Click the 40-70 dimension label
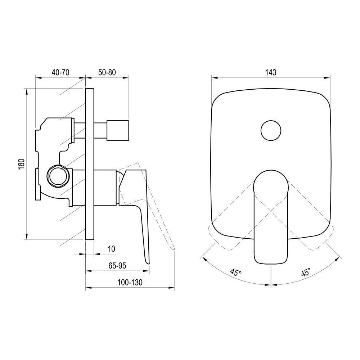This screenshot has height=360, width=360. tap(60, 72)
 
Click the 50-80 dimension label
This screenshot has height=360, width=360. tap(107, 72)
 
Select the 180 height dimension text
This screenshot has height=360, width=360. tap(21, 164)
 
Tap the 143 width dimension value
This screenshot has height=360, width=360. tap(271, 73)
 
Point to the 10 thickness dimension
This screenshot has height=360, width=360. tap(111, 249)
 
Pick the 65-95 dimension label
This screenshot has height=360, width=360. tap(117, 266)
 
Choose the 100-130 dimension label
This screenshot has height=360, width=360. tap(130, 282)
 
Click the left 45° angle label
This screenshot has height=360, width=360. tap(236, 273)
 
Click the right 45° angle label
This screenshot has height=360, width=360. tap(306, 272)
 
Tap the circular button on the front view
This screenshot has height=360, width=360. tap(271, 130)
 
